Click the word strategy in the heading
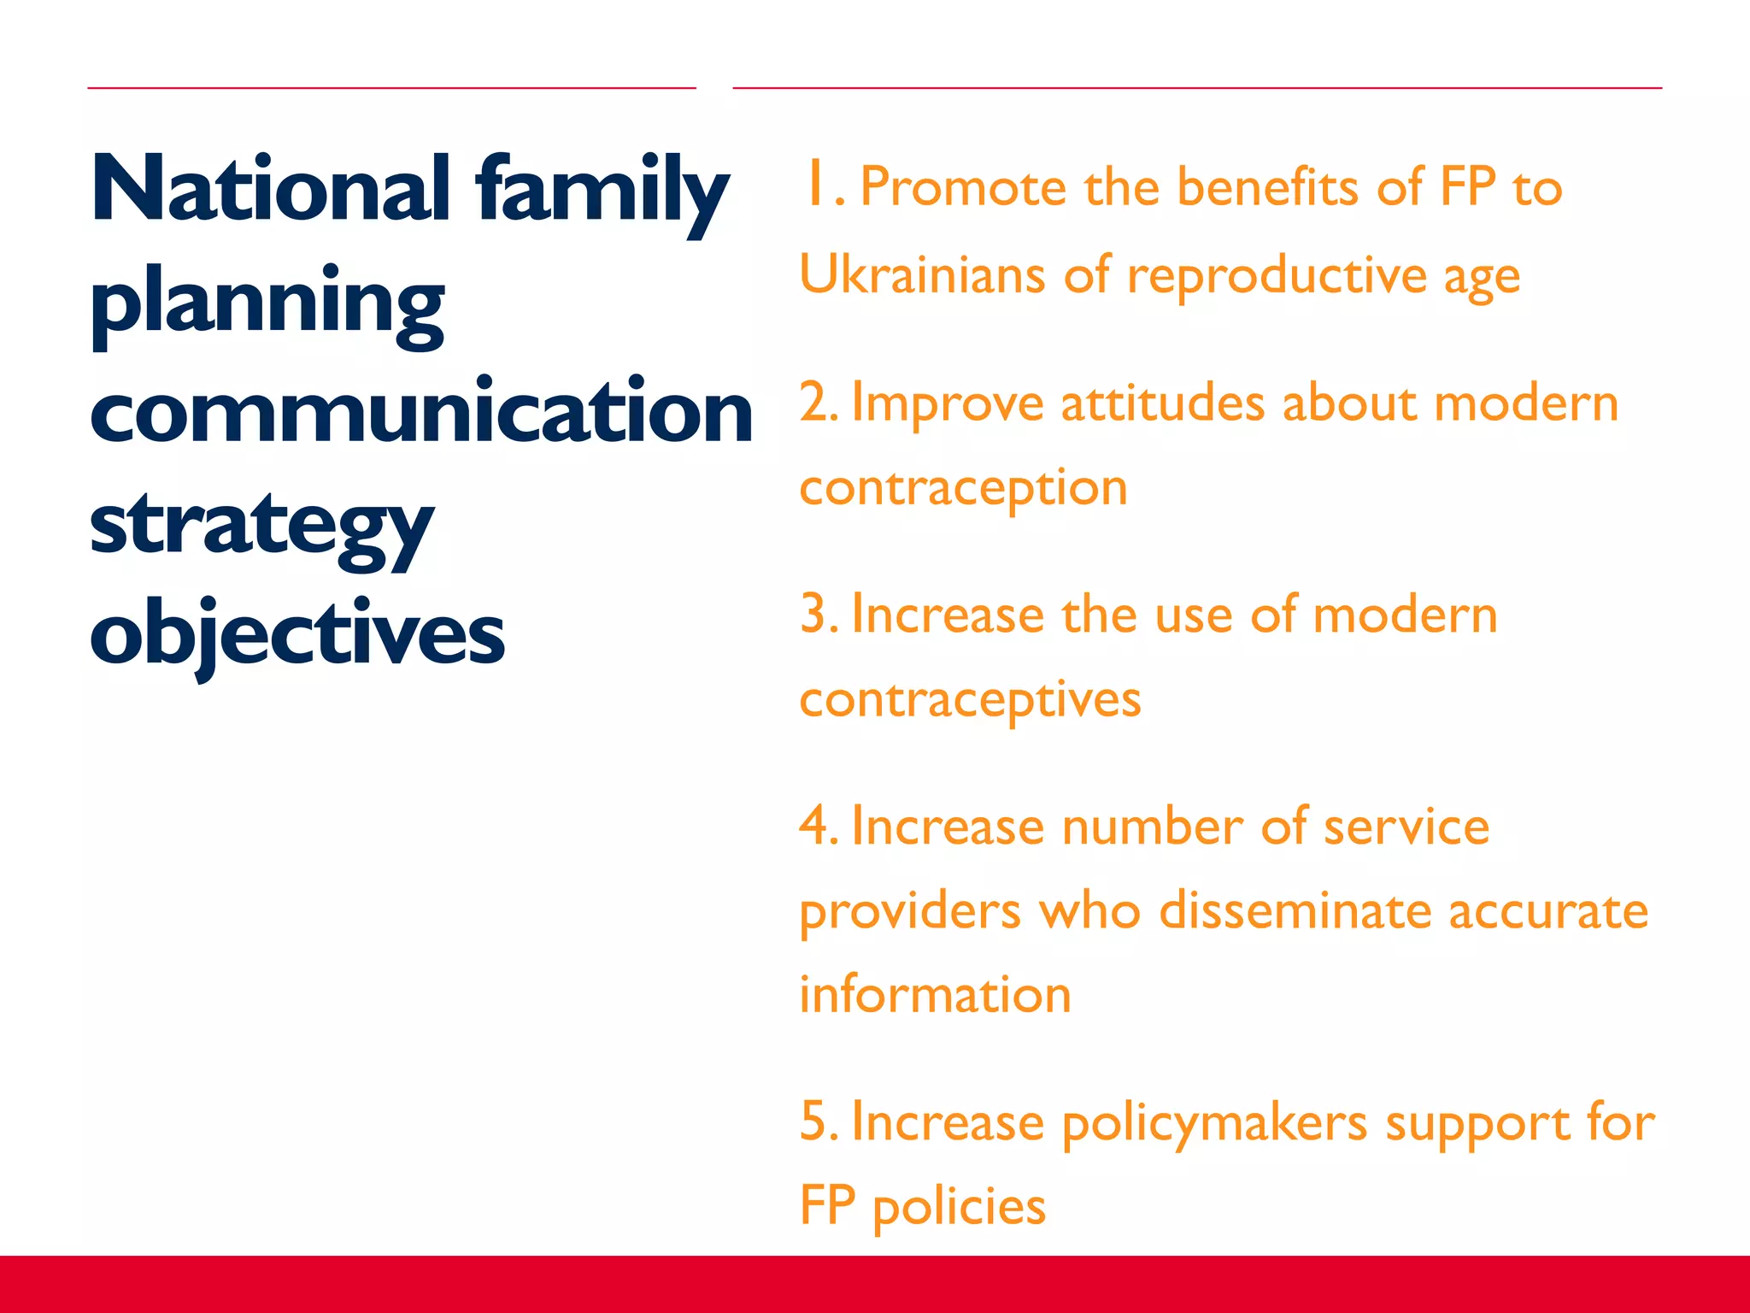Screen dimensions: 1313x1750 click(261, 526)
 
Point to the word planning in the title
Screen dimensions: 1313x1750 click(267, 302)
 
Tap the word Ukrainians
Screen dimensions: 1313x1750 click(922, 275)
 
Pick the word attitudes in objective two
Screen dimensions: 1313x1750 click(1162, 403)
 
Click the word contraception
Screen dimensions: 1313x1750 click(963, 488)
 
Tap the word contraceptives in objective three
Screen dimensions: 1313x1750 click(970, 700)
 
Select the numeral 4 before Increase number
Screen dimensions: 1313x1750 click(814, 827)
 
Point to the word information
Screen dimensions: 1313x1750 click(935, 995)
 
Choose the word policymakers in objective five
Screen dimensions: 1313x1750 click(1214, 1123)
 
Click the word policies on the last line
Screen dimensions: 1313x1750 click(959, 1207)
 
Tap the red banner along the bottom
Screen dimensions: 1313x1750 click(875, 1284)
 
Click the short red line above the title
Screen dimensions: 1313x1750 click(391, 87)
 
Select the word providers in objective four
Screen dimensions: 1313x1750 click(910, 911)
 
